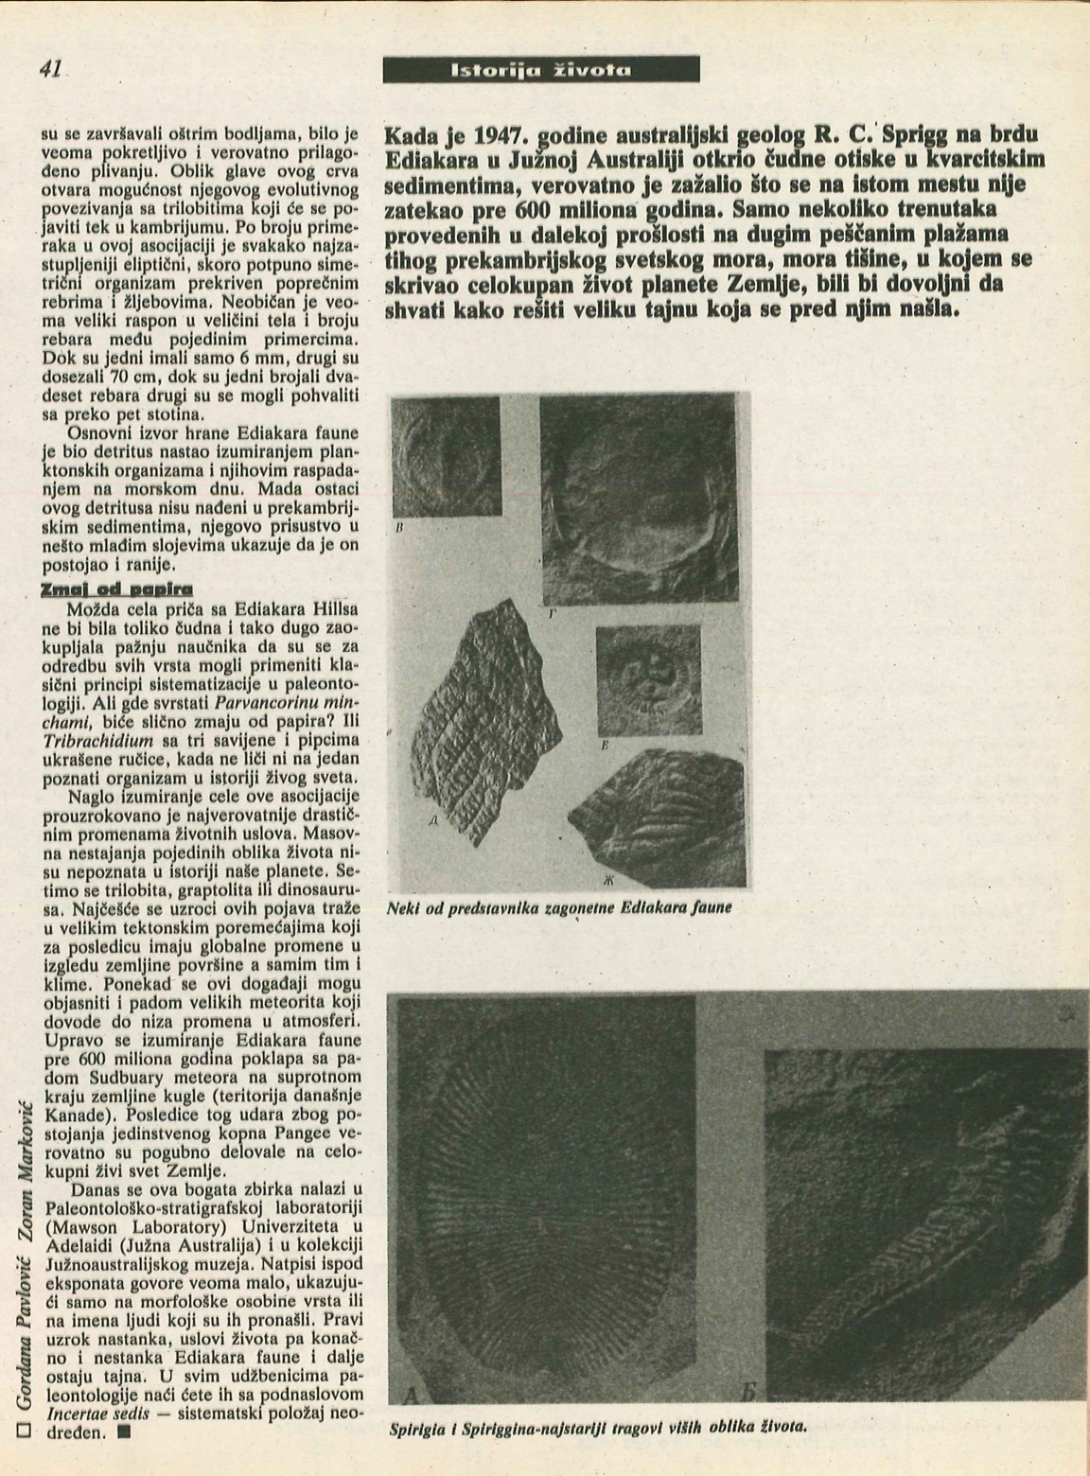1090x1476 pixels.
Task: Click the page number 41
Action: tap(50, 68)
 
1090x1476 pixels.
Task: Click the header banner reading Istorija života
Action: tap(541, 69)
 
